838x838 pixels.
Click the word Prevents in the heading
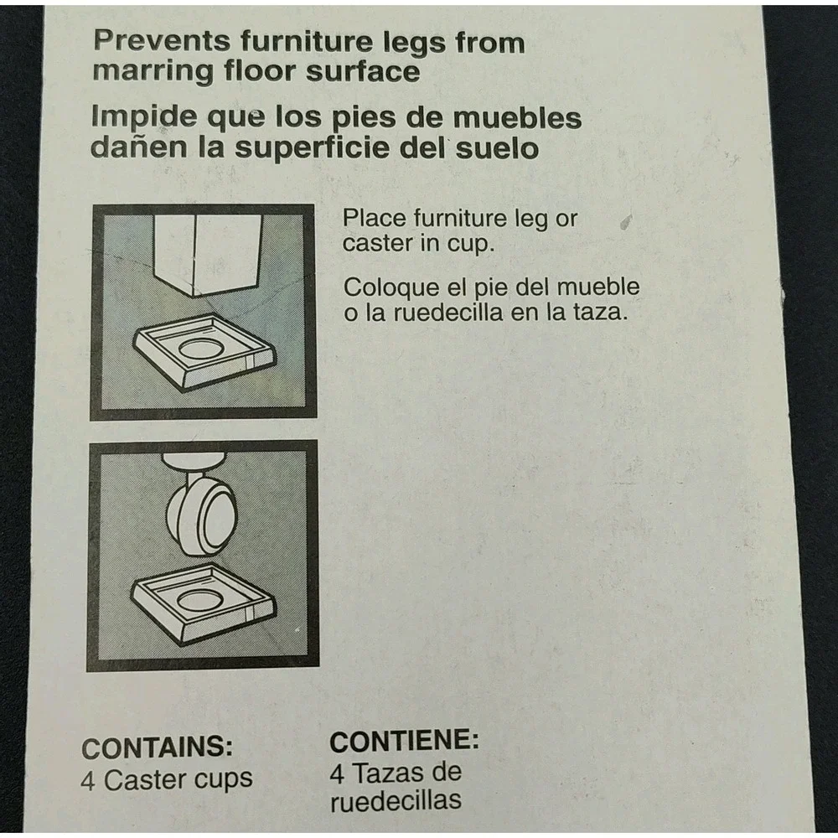pyautogui.click(x=162, y=40)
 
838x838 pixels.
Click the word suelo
pyautogui.click(x=496, y=148)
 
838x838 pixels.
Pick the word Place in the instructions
pyautogui.click(x=374, y=218)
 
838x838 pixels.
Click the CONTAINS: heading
pyautogui.click(x=158, y=747)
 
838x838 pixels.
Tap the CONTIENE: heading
pyautogui.click(x=404, y=741)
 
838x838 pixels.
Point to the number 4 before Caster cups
pyautogui.click(x=88, y=781)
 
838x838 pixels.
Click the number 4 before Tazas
pyautogui.click(x=337, y=773)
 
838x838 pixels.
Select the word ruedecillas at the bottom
pyautogui.click(x=396, y=800)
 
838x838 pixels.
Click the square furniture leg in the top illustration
pyautogui.click(x=208, y=253)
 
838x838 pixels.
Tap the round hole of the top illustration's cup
pyautogui.click(x=201, y=349)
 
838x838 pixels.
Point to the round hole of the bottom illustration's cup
pyautogui.click(x=199, y=600)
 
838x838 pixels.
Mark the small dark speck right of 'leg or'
pyautogui.click(x=626, y=221)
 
